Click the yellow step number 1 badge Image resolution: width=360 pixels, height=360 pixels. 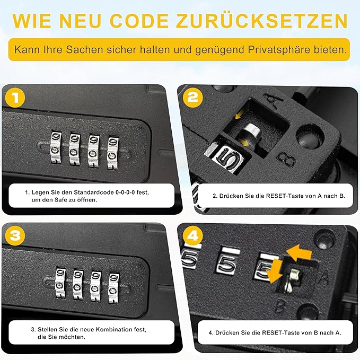pos(15,98)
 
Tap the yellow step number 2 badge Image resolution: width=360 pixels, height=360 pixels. pos(193,98)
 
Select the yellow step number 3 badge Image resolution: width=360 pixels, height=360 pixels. pos(15,235)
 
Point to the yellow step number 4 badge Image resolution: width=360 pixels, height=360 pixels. pos(193,235)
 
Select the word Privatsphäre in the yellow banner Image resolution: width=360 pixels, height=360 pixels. pos(279,50)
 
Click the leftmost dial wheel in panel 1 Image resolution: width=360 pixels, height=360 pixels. pos(56,147)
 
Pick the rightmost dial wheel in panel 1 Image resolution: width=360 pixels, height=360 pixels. pos(113,153)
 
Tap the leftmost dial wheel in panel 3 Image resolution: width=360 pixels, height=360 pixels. pos(60,283)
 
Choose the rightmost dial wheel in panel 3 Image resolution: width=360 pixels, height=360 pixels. pos(113,288)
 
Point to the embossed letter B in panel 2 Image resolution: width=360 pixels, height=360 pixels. pos(286,160)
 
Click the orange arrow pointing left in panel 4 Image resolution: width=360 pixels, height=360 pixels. pos(299,253)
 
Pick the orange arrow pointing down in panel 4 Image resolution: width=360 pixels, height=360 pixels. pos(275,272)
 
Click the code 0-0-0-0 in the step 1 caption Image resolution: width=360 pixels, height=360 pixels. pos(125,192)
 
